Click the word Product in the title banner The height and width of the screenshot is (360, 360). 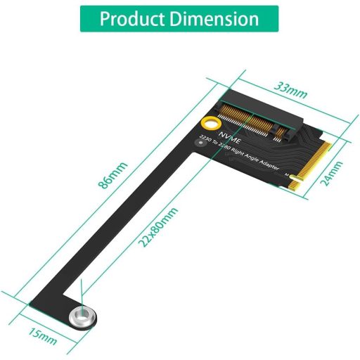coord(130,19)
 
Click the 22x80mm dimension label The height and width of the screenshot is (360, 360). coord(159,227)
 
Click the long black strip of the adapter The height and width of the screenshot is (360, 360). coord(134,225)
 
